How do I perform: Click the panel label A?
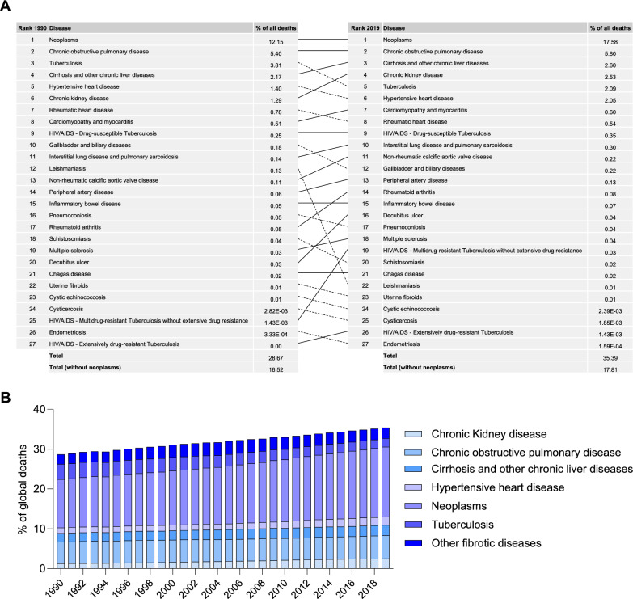click(x=8, y=6)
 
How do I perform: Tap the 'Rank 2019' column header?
click(x=362, y=28)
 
